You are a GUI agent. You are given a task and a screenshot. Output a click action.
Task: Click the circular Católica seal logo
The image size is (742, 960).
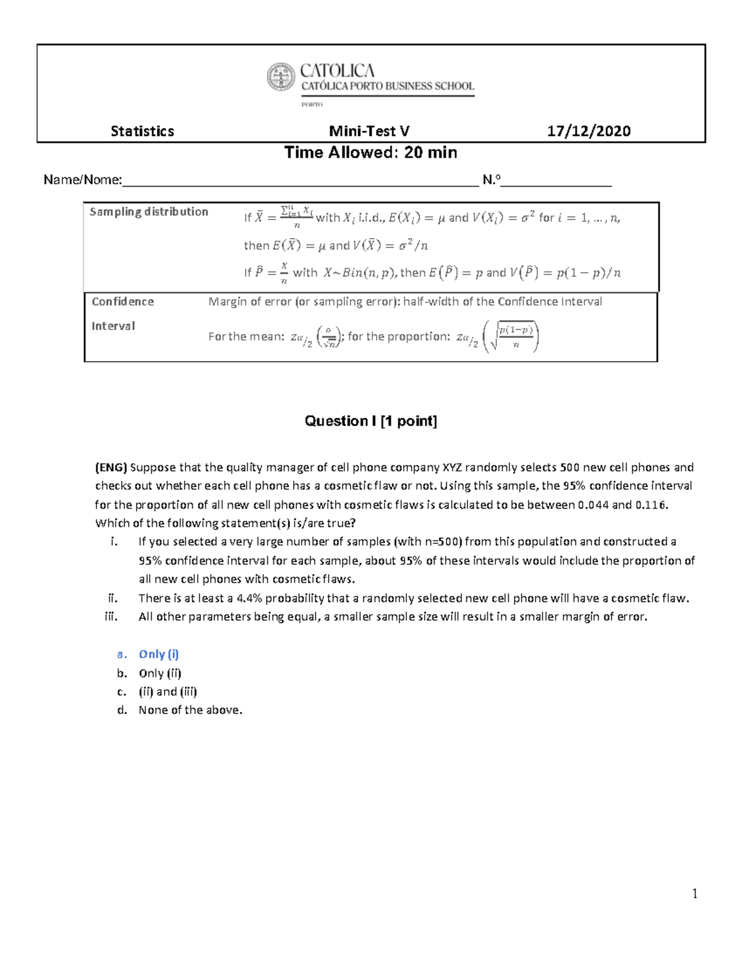point(281,77)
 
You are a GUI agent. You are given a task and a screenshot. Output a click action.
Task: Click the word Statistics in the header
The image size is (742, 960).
point(142,131)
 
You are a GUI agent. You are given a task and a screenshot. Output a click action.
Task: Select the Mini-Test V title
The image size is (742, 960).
point(369,131)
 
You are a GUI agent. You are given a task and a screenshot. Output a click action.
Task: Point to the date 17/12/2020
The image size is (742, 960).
point(589,131)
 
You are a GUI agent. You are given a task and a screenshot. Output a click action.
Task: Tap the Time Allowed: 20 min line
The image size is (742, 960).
point(370,153)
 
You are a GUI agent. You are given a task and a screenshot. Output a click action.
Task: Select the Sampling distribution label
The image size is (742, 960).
point(149,211)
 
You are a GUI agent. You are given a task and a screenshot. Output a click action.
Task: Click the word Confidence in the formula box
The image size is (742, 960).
point(123,302)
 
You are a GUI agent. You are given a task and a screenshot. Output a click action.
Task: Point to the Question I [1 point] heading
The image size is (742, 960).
point(370,421)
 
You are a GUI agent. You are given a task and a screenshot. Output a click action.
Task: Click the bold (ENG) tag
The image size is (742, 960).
point(111,467)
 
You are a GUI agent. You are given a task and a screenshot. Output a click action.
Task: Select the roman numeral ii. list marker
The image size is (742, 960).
point(113,598)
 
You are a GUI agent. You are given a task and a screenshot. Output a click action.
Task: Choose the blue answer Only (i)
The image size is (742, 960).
point(159,654)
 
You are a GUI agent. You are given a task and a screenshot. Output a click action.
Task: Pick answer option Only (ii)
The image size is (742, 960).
point(160,673)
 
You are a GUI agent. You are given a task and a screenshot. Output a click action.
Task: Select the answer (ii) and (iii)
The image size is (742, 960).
point(168,692)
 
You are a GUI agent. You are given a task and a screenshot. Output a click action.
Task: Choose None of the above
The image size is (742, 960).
point(190,710)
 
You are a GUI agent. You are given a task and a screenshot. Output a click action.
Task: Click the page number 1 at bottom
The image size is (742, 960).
point(695,894)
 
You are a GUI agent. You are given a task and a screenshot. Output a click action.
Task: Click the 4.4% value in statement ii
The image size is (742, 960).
point(249,598)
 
